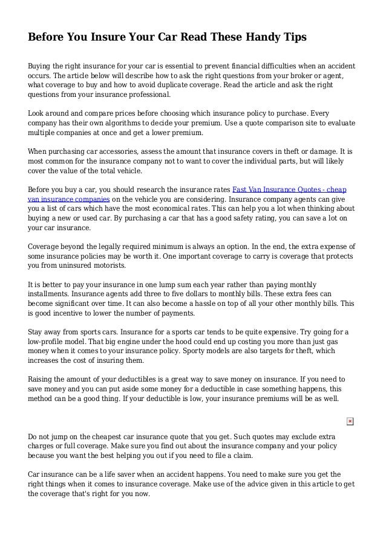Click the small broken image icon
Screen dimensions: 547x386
click(350, 421)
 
